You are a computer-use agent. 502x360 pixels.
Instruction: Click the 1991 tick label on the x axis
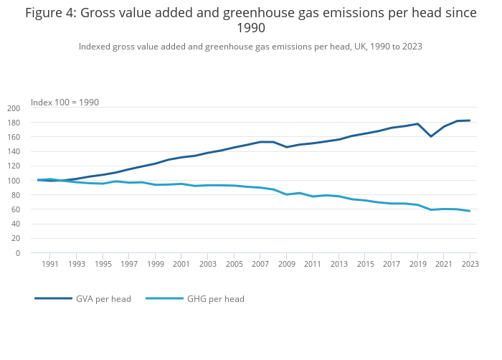click(x=50, y=264)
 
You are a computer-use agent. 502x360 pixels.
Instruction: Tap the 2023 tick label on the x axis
click(x=470, y=264)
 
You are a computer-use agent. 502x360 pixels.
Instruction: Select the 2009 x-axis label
click(x=286, y=264)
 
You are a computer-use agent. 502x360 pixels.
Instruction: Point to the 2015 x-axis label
click(x=365, y=264)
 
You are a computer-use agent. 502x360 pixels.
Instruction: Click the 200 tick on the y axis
click(x=14, y=108)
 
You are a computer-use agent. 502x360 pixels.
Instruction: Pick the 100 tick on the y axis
click(x=14, y=181)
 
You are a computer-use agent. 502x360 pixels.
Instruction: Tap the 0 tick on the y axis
click(x=18, y=253)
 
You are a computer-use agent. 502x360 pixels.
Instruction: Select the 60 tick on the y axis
click(x=16, y=209)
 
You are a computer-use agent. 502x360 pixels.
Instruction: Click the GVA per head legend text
click(x=103, y=298)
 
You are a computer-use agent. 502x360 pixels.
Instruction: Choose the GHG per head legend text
click(x=216, y=298)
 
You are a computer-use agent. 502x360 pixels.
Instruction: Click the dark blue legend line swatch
click(x=53, y=298)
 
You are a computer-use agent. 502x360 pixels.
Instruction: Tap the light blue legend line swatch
click(x=164, y=298)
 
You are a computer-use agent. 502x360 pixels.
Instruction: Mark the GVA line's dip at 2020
click(x=431, y=136)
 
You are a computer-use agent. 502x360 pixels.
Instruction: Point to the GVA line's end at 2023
click(x=470, y=120)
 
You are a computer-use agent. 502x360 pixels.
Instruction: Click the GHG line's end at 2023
click(x=470, y=211)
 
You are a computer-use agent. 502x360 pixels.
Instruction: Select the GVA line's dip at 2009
click(x=287, y=147)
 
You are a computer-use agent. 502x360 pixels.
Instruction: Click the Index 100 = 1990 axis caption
click(x=65, y=103)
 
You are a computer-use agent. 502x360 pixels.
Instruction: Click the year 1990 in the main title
click(x=250, y=29)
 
